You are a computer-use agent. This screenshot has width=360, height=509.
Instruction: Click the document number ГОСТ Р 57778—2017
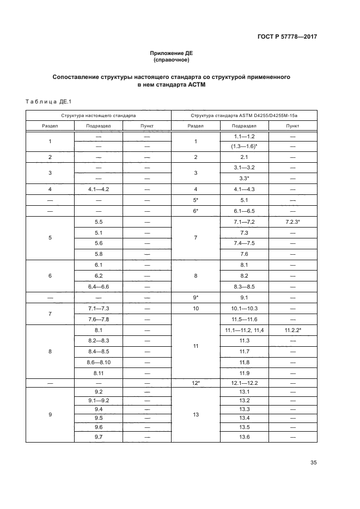tap(288, 37)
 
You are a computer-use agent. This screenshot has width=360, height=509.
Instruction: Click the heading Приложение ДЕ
tap(172, 53)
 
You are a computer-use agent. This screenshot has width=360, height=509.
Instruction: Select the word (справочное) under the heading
tap(172, 60)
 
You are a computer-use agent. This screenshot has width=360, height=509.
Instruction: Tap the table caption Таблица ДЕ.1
tap(45, 101)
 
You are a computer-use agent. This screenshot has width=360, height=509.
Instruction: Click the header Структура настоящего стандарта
tap(98, 115)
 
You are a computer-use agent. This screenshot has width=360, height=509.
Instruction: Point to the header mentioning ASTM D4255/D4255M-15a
tap(243, 115)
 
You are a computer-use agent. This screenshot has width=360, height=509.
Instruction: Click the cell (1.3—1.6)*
tap(243, 146)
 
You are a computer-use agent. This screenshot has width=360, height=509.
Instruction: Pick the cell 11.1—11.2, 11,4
tap(243, 330)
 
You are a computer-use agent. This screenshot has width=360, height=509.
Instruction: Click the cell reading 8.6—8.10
tap(98, 362)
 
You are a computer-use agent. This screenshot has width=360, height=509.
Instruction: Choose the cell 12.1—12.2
tap(243, 383)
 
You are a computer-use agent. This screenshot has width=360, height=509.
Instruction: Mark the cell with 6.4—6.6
tap(98, 286)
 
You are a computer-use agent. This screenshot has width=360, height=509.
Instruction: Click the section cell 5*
tap(195, 200)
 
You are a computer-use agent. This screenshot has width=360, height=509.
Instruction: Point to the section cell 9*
tap(195, 298)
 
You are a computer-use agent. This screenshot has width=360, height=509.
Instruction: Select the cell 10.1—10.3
tap(243, 309)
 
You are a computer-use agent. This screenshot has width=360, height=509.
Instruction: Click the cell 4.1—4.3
tap(243, 189)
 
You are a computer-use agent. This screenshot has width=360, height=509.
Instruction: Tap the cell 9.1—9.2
tap(98, 401)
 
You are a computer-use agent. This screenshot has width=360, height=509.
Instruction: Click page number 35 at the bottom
tap(313, 463)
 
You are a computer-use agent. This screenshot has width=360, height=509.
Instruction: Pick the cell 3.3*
tap(243, 178)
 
